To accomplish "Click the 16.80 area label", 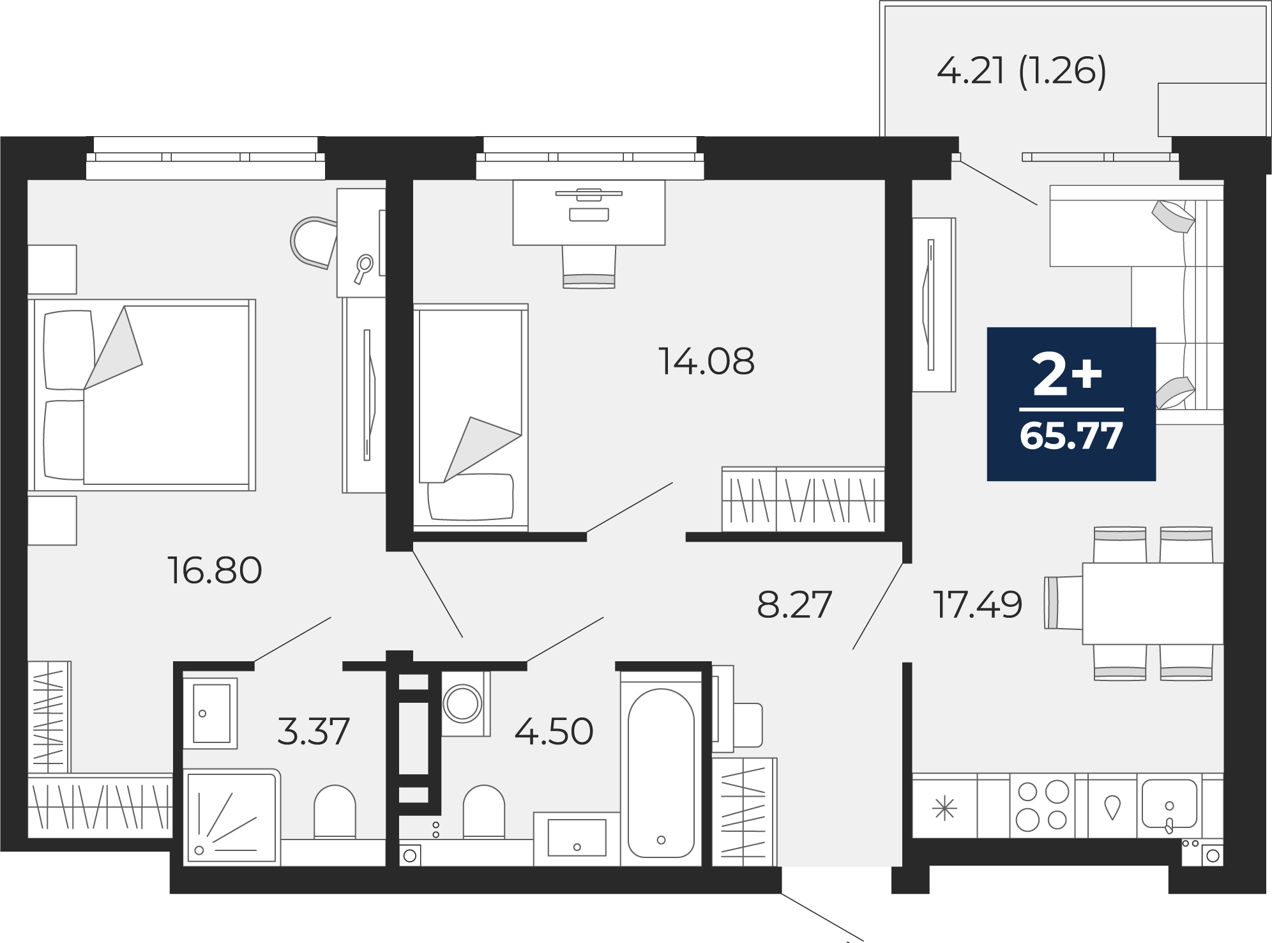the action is (x=215, y=570).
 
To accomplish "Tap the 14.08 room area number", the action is (x=706, y=361).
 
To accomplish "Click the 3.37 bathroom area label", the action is (x=314, y=731).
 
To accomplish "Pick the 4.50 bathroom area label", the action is (x=554, y=731).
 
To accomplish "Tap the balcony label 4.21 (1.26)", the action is (x=1021, y=70).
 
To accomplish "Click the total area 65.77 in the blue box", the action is (x=1071, y=436).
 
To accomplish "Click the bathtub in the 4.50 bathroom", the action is (x=661, y=767).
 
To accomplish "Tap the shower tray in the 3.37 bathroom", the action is (x=232, y=818).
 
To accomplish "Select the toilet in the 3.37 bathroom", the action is (x=335, y=811).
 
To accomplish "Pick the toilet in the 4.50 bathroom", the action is (x=483, y=811).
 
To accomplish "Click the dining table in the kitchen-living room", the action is (x=1153, y=603).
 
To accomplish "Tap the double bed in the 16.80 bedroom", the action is (x=142, y=395).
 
